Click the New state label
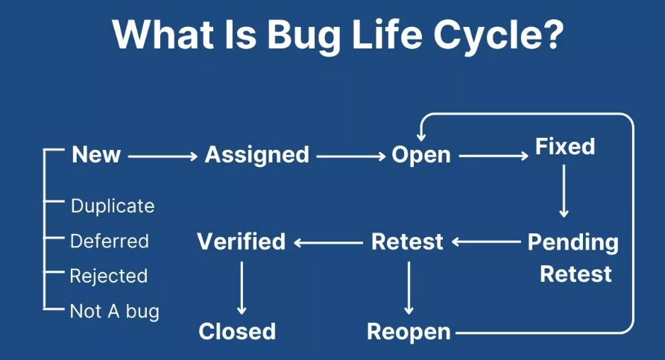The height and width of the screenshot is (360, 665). click(x=96, y=155)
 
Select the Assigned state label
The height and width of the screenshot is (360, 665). click(x=256, y=155)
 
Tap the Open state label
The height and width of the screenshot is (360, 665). click(x=421, y=155)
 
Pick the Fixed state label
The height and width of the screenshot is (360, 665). click(x=565, y=147)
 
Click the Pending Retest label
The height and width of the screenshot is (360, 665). click(x=573, y=258)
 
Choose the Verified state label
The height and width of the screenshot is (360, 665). click(x=241, y=241)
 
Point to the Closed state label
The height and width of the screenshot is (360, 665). click(x=237, y=332)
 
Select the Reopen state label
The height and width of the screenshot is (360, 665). click(x=409, y=332)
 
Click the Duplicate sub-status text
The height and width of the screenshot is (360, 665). click(x=113, y=206)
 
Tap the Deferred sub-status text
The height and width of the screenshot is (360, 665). click(x=110, y=241)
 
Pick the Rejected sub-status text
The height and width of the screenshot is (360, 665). click(x=109, y=277)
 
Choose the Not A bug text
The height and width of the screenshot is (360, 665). click(x=115, y=311)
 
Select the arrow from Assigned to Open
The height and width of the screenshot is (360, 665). click(x=350, y=156)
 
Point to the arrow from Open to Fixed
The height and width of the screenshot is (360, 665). click(x=493, y=156)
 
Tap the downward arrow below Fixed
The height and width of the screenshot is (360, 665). click(x=564, y=191)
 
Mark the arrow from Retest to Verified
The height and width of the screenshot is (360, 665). click(x=328, y=242)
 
